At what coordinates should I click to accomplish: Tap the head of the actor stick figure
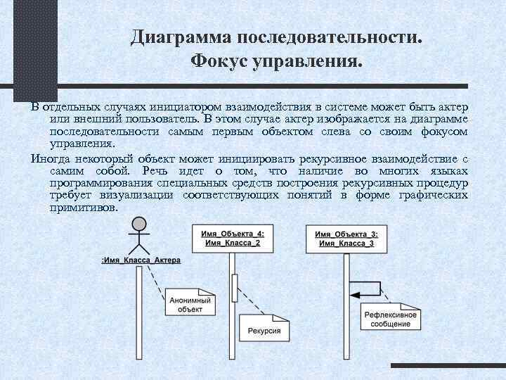pyautogui.click(x=140, y=224)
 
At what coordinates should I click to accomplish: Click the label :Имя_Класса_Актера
pyautogui.click(x=141, y=260)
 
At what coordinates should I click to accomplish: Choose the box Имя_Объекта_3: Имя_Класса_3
pyautogui.click(x=345, y=238)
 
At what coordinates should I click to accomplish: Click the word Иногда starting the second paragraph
pyautogui.click(x=49, y=159)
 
